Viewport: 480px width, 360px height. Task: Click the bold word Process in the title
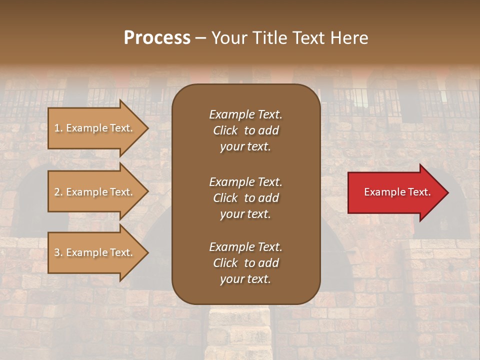coord(157,37)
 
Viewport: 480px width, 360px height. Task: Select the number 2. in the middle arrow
coord(58,192)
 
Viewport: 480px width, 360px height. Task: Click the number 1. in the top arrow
coord(58,128)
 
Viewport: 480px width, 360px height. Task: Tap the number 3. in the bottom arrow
coord(58,252)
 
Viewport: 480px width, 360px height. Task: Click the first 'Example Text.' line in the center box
coord(245,114)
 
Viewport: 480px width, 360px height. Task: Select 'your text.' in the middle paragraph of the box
coord(245,214)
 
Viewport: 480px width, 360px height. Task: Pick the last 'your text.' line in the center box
coord(245,279)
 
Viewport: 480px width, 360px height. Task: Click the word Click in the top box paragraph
coord(225,130)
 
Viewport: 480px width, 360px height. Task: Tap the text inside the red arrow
coord(397,192)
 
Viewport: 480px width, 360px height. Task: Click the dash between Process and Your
coord(200,38)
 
